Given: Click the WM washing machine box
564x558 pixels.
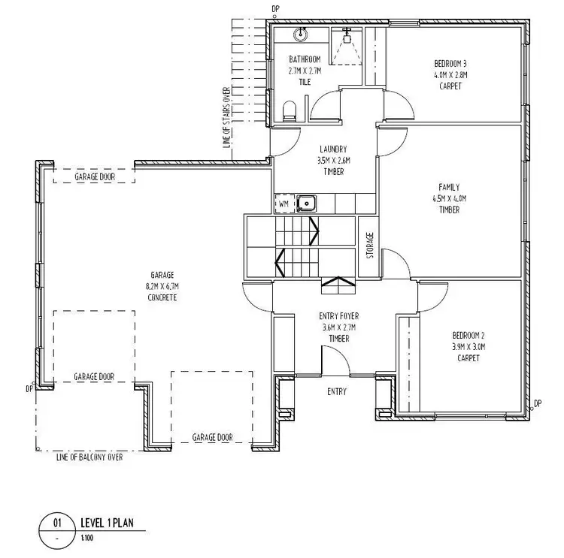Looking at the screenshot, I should tap(284, 204).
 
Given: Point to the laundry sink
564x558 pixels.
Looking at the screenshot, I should tap(305, 203).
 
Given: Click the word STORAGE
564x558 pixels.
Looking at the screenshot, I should tap(370, 245).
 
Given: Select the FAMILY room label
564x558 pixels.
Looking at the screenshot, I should tap(449, 188).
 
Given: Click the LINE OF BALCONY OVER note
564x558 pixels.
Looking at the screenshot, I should tap(89, 457).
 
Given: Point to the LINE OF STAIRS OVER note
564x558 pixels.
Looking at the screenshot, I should tap(226, 119).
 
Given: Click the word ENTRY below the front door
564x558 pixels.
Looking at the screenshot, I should tap(336, 392).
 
